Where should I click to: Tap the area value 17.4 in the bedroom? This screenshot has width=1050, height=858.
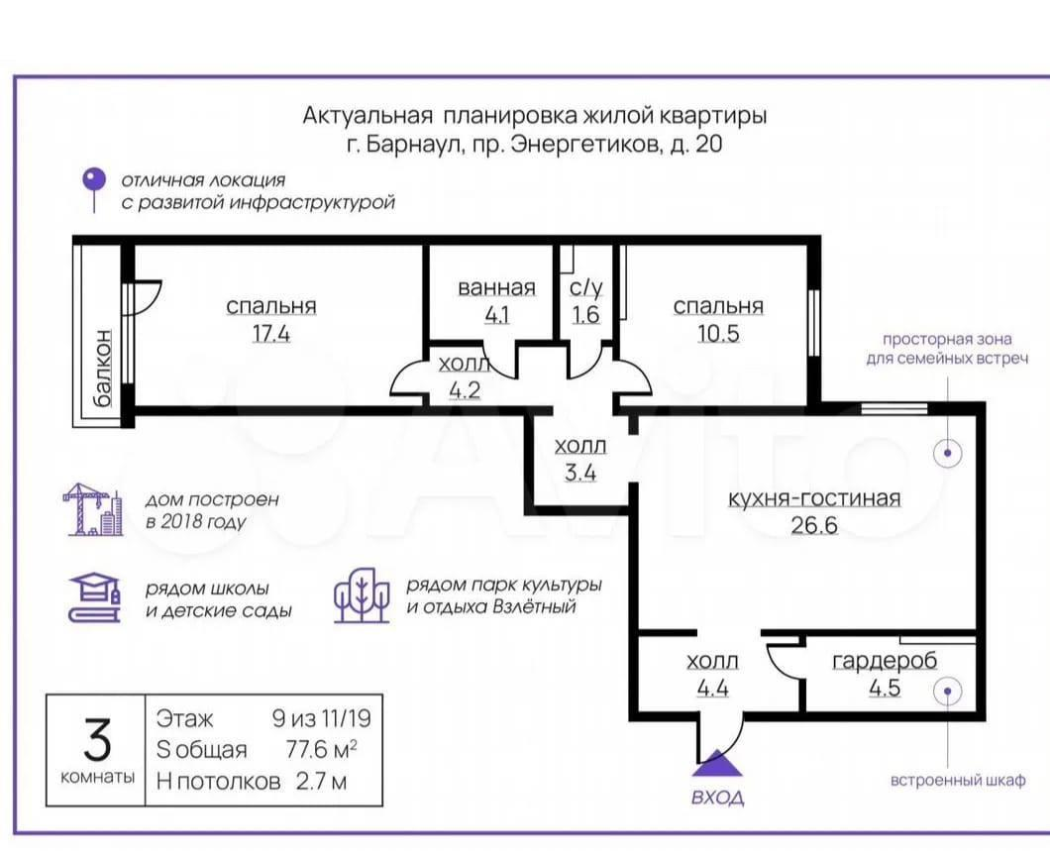(271, 333)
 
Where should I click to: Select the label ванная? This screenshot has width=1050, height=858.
(497, 288)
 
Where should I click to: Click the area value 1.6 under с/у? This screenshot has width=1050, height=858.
(586, 315)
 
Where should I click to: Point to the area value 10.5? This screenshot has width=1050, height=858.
(718, 333)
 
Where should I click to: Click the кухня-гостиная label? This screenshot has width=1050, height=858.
(813, 498)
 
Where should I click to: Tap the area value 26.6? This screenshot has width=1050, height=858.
(813, 525)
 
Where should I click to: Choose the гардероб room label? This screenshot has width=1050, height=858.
(885, 661)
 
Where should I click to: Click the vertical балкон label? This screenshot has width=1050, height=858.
(102, 369)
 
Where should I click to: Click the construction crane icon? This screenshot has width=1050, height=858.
(93, 509)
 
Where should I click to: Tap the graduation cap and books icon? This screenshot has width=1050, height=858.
(94, 598)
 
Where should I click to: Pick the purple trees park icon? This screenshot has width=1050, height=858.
(362, 595)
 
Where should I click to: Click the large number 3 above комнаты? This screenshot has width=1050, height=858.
(97, 739)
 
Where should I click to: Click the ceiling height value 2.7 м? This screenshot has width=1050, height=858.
(321, 781)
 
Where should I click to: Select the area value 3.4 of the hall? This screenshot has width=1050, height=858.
(579, 473)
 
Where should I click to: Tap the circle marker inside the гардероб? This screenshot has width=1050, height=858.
(948, 692)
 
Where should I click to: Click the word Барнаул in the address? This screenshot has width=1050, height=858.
(413, 145)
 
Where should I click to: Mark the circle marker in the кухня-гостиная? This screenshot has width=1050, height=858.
(948, 453)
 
